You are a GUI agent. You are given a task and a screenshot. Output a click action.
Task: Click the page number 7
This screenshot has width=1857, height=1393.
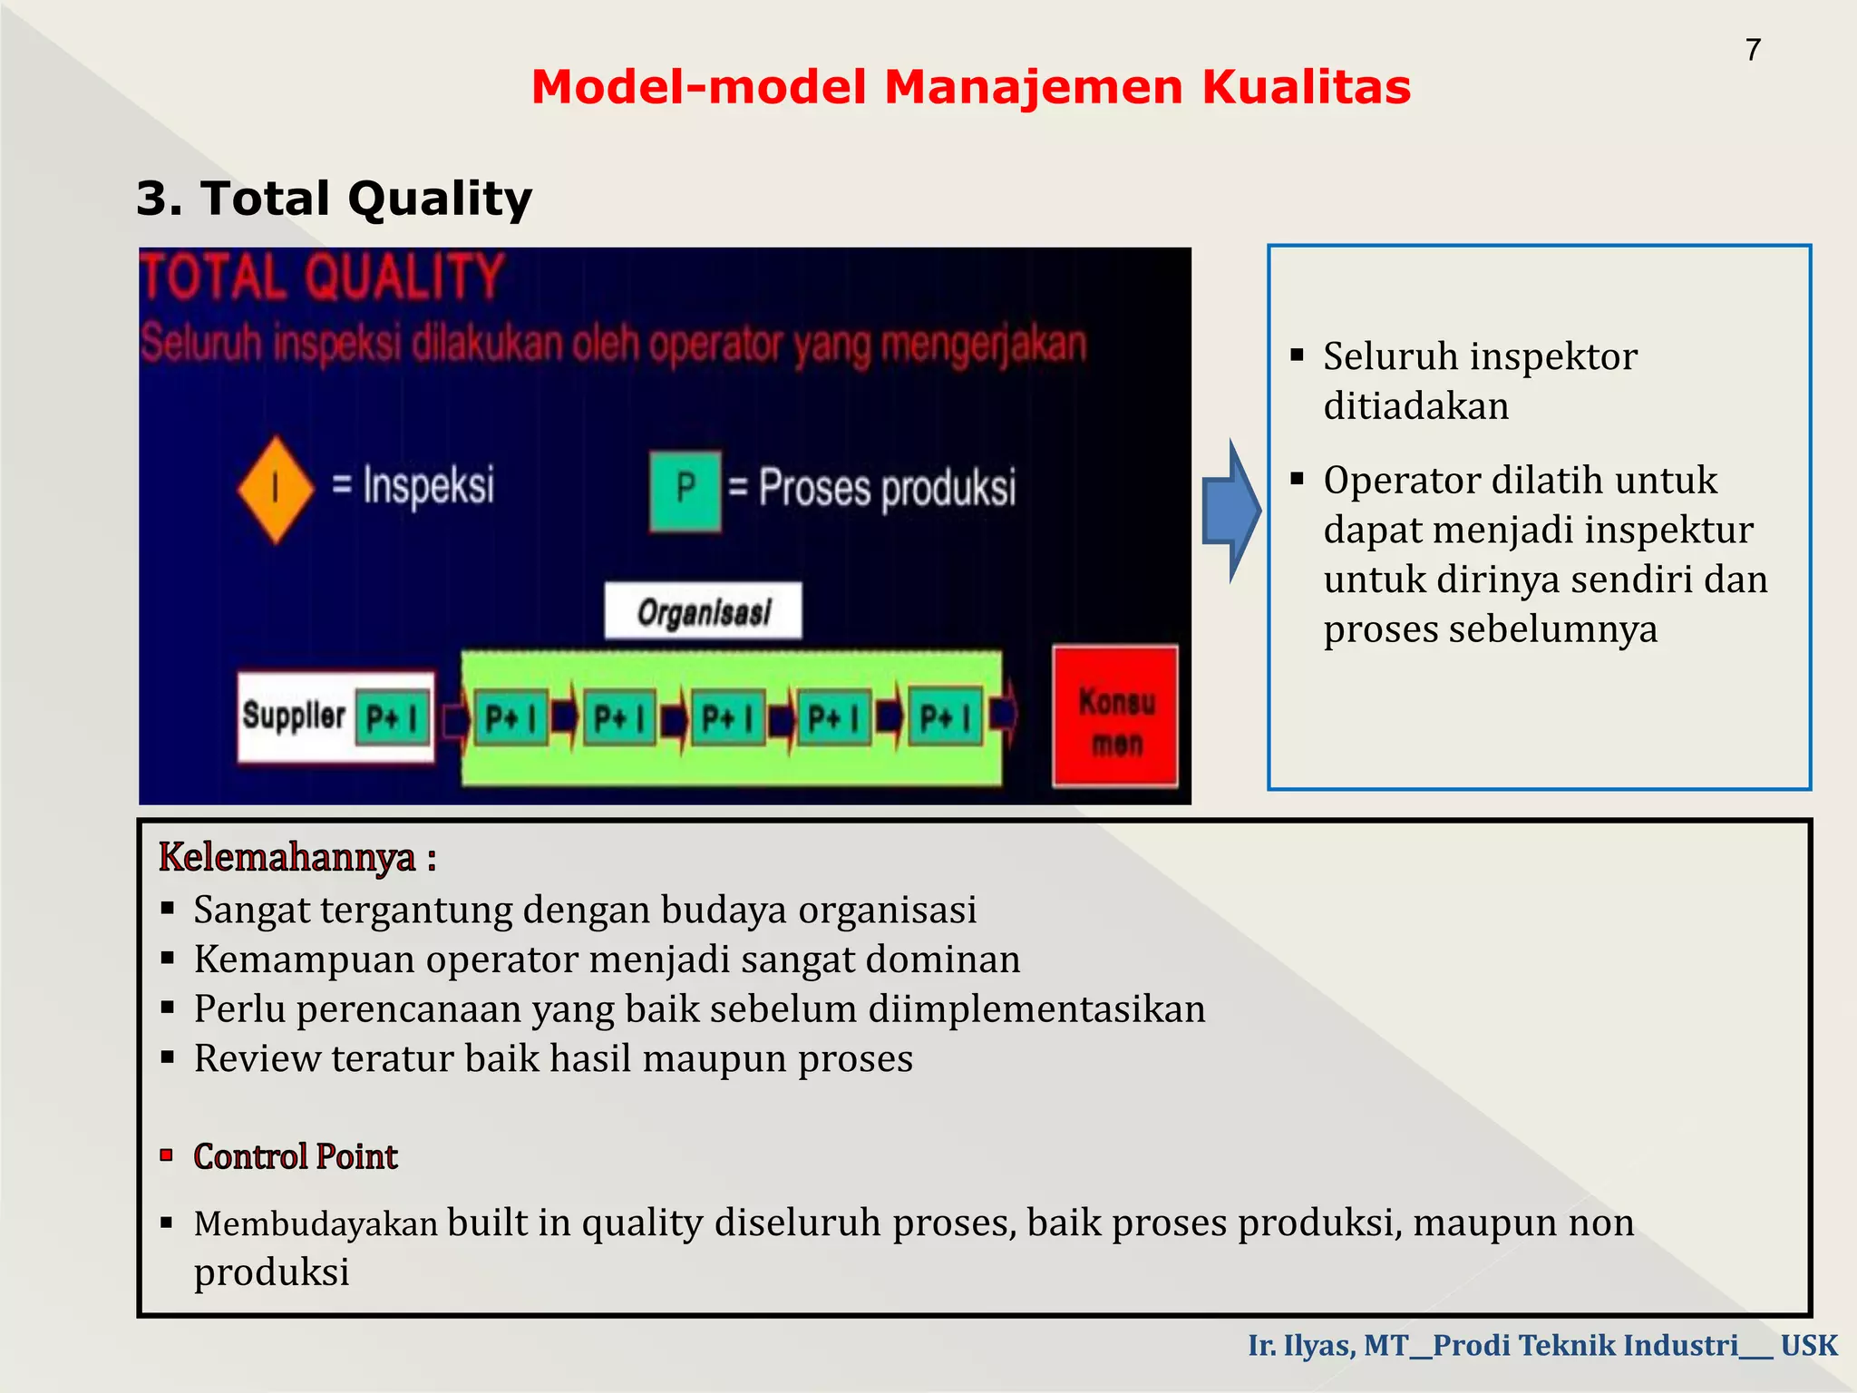(x=1753, y=50)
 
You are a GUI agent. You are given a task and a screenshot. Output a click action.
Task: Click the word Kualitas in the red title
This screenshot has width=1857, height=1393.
(x=1306, y=88)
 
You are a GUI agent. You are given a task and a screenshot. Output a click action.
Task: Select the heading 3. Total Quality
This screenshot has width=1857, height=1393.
(x=334, y=199)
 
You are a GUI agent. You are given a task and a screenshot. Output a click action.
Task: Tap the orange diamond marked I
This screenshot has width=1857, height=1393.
(x=276, y=490)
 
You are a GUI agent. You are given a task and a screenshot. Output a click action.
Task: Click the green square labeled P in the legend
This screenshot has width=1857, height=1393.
(x=685, y=490)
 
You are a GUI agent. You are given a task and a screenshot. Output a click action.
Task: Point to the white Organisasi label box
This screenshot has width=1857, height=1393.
(x=704, y=612)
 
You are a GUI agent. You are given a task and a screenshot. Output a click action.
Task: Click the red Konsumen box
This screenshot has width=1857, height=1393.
(x=1115, y=716)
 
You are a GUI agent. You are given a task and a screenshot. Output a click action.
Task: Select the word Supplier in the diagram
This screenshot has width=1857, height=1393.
(x=293, y=716)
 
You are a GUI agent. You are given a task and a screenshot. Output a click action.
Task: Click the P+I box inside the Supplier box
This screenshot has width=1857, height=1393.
(x=393, y=718)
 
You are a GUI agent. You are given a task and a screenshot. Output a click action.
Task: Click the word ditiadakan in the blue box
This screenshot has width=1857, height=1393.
(x=1415, y=405)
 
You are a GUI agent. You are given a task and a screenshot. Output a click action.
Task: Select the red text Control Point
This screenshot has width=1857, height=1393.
(x=296, y=1156)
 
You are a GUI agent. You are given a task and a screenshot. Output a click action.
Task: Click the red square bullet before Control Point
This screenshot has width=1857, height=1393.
(x=167, y=1154)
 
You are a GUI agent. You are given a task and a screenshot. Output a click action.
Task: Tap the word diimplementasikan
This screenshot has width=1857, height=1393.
(x=1036, y=1008)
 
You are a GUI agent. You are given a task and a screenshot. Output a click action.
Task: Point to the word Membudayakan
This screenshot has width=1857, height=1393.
(x=316, y=1224)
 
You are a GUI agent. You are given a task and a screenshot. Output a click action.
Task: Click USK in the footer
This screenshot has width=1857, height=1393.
(x=1809, y=1345)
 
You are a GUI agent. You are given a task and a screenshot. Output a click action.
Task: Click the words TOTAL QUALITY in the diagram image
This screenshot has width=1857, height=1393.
(x=322, y=277)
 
